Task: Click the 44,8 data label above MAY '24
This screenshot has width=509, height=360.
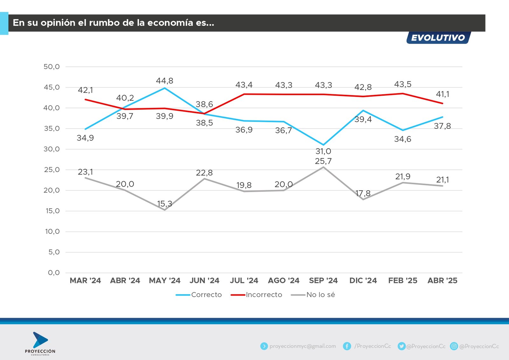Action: click(x=164, y=81)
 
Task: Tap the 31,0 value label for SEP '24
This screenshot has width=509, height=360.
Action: click(x=323, y=151)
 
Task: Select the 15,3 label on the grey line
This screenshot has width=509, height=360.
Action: click(x=164, y=204)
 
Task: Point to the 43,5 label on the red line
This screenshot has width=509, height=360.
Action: click(x=403, y=84)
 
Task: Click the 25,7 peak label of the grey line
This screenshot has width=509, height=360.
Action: click(x=323, y=161)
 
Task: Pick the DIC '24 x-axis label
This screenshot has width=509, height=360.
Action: click(x=363, y=280)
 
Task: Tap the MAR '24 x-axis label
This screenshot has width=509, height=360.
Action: click(x=85, y=280)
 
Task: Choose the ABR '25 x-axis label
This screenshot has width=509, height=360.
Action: click(x=442, y=280)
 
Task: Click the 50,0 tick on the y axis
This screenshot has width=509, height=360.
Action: click(x=52, y=67)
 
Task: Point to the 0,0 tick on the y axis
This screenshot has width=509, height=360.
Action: click(x=54, y=273)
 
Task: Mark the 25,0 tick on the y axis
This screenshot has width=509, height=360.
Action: click(x=52, y=170)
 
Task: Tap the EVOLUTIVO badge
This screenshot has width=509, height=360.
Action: click(x=438, y=38)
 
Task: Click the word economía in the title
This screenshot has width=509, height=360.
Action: click(x=171, y=23)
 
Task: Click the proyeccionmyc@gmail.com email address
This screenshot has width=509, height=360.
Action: click(x=303, y=346)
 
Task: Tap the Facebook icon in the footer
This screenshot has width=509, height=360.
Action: click(x=347, y=346)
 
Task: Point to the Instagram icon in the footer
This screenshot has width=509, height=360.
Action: click(x=454, y=346)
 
